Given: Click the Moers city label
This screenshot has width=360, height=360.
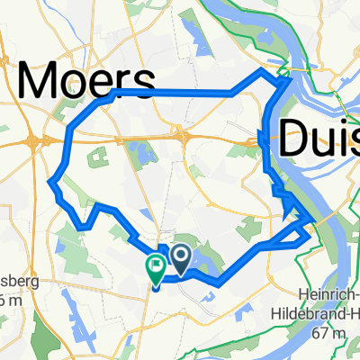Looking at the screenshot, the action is (85, 83).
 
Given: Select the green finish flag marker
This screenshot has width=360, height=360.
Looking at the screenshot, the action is (155, 265).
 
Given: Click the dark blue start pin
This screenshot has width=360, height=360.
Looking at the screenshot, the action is (180, 259).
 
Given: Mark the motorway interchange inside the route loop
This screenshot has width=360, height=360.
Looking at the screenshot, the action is (183, 136).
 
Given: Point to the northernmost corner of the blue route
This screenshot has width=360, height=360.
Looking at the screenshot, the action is (262, 69).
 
